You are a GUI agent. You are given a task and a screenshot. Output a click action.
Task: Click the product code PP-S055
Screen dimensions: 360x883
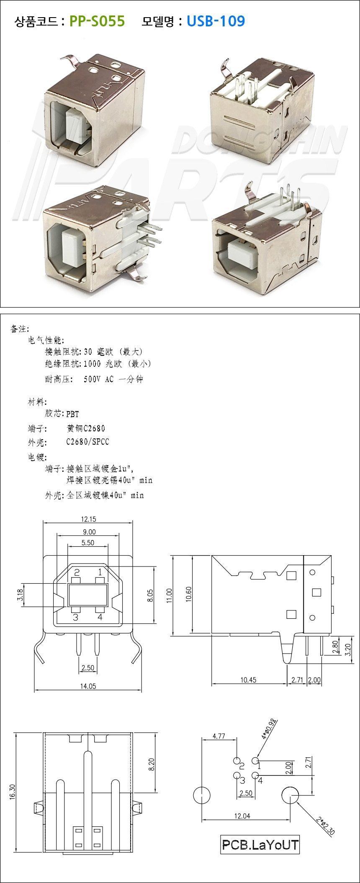click(x=97, y=21)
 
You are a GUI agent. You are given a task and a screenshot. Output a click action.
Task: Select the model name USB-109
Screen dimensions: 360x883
click(x=216, y=21)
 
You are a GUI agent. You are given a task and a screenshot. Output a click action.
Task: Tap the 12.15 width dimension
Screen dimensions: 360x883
click(x=88, y=519)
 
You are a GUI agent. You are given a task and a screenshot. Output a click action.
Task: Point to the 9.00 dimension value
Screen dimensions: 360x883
click(x=89, y=532)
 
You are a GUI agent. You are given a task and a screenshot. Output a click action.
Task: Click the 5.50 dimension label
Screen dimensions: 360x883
click(x=87, y=542)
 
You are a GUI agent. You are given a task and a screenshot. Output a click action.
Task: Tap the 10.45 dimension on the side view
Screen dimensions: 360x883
click(x=248, y=680)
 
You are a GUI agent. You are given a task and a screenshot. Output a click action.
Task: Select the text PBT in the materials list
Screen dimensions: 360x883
click(x=72, y=414)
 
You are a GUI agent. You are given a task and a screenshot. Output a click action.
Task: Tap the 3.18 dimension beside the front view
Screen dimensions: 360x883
click(x=20, y=595)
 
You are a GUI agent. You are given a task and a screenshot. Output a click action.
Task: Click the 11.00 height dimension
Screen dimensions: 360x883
click(x=169, y=594)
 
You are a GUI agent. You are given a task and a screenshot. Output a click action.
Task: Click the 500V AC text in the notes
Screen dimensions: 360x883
click(x=98, y=379)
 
